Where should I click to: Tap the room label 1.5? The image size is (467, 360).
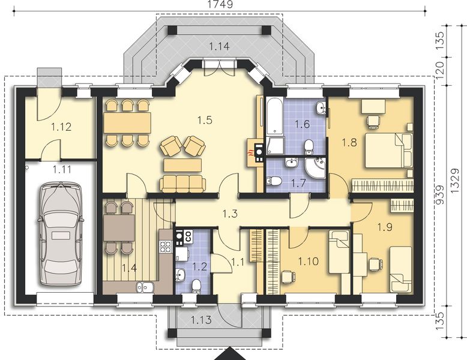point(205,120)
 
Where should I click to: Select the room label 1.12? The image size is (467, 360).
point(61,127)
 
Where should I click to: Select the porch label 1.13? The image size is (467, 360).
point(202,320)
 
